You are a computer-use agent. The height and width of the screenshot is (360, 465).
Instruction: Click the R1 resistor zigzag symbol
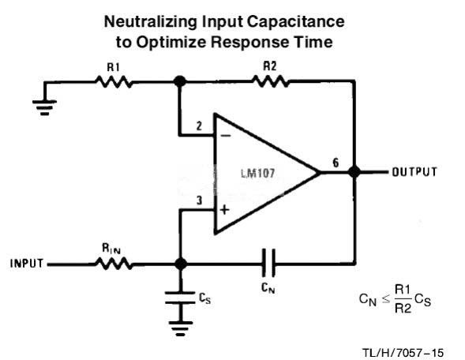tap(114, 81)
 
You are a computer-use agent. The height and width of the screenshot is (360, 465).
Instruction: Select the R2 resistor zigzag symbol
tap(270, 81)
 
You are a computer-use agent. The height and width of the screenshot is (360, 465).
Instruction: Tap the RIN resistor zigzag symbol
tap(114, 264)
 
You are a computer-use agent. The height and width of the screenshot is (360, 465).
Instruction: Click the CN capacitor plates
tap(268, 263)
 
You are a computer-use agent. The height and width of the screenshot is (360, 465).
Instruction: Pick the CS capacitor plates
tap(180, 298)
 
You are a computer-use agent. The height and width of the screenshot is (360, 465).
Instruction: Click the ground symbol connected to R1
tap(44, 107)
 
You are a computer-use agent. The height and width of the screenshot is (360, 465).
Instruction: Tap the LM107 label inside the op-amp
tap(257, 173)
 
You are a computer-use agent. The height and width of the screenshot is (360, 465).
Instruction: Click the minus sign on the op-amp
tap(226, 136)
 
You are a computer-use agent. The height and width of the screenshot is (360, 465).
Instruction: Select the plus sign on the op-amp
tap(225, 210)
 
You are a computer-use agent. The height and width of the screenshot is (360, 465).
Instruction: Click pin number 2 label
tap(199, 126)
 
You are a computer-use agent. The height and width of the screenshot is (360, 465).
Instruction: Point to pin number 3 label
tap(200, 201)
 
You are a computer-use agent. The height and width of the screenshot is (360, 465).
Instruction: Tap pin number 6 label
tap(336, 163)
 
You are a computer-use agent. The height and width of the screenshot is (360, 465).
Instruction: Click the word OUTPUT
tap(414, 172)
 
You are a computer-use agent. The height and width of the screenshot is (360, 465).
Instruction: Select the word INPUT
tap(27, 264)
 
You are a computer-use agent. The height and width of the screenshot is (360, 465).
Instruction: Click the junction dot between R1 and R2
tap(180, 81)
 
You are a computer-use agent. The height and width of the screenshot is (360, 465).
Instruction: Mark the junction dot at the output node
tap(354, 172)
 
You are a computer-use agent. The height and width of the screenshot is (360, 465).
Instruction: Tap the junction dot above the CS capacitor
tap(180, 264)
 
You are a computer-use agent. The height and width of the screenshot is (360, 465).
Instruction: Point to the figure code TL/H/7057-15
tap(403, 353)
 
